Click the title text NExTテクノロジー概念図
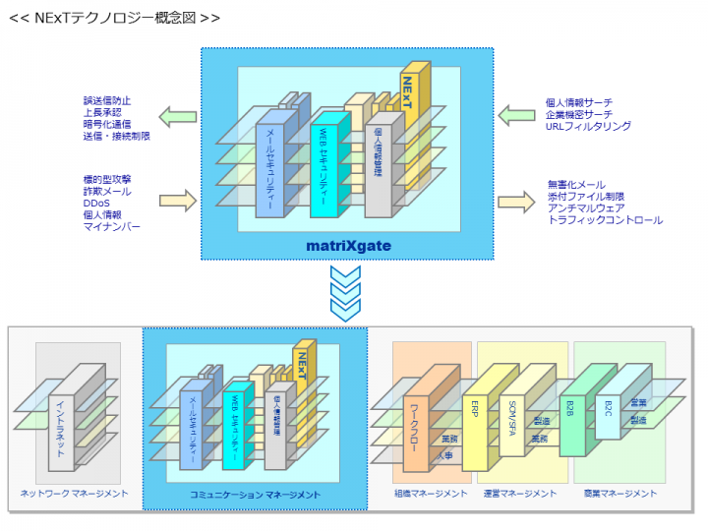point(114,18)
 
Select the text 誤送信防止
point(107,101)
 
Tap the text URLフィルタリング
point(588,126)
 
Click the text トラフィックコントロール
point(605,220)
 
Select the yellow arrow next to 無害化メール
point(514,202)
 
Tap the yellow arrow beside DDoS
point(178,202)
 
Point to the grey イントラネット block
point(62,433)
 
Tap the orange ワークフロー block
point(418,433)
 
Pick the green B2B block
point(570,413)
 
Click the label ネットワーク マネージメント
point(75,494)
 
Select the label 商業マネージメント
point(619,494)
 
